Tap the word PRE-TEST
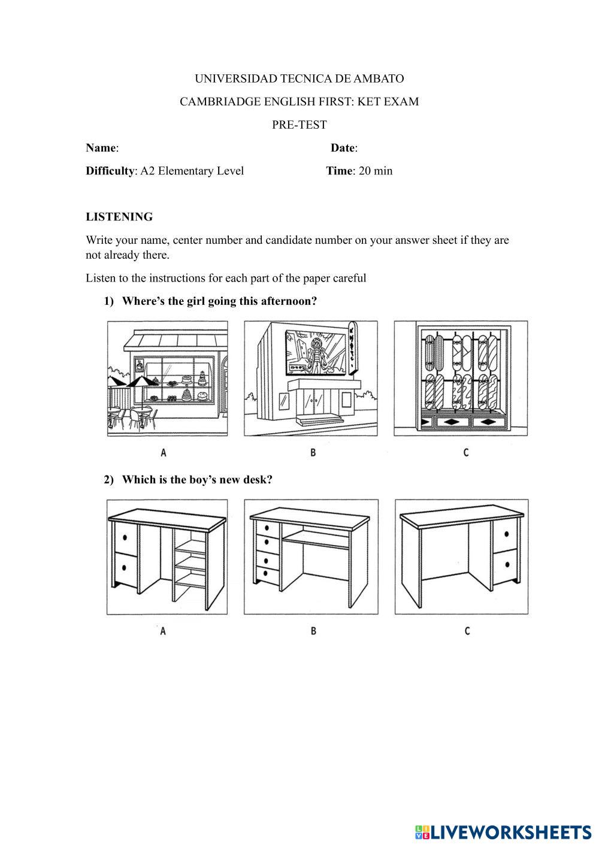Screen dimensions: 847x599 (299, 125)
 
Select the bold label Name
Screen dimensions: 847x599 (101, 148)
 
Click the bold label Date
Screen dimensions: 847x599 (343, 148)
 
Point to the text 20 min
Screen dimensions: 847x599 (376, 171)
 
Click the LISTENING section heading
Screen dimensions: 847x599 (119, 217)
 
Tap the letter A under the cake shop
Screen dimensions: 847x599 (164, 453)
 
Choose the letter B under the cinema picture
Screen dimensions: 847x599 (313, 453)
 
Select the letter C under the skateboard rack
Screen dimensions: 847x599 (466, 453)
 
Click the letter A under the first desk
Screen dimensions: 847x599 (163, 631)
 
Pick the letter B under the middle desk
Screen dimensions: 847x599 (313, 631)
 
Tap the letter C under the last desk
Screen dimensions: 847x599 (467, 631)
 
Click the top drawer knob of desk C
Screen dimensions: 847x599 (507, 534)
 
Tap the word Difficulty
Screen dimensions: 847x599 (110, 171)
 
